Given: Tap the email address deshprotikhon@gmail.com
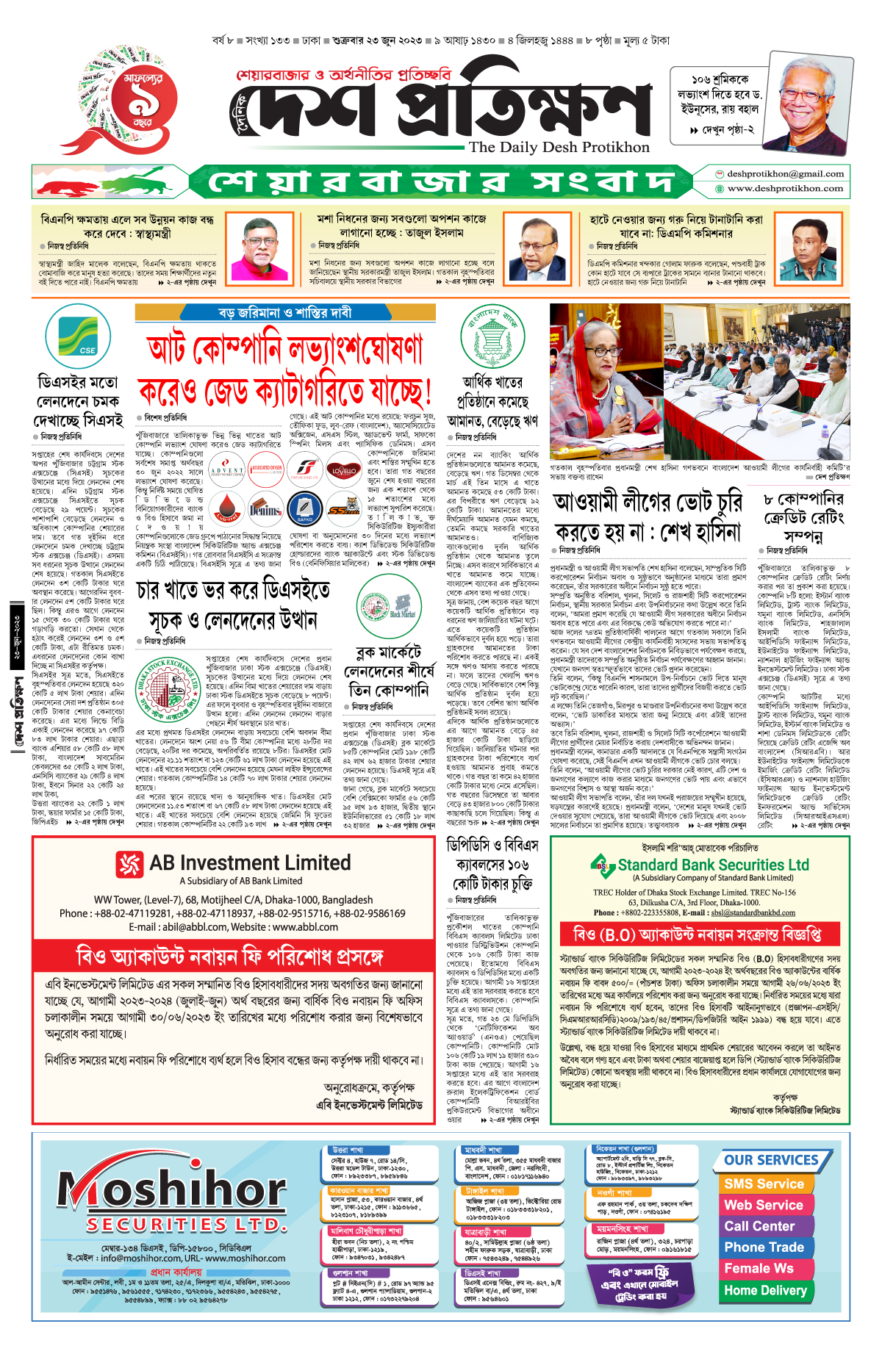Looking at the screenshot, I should click(785, 174).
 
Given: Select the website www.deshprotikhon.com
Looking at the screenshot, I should click(785, 188).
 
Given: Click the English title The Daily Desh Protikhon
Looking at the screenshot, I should click(559, 147).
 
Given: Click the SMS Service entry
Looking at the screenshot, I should click(764, 1184).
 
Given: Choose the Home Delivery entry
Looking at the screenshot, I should click(765, 1290).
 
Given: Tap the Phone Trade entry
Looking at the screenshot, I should click(764, 1247).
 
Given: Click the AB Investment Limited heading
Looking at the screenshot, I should click(250, 863).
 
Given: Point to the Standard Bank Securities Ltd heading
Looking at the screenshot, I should click(713, 865).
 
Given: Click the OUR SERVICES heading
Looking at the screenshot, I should click(771, 1160).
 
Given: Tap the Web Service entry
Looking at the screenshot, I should click(764, 1205).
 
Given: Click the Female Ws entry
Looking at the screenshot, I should click(759, 1269).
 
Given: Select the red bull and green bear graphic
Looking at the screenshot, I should click(109, 183).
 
